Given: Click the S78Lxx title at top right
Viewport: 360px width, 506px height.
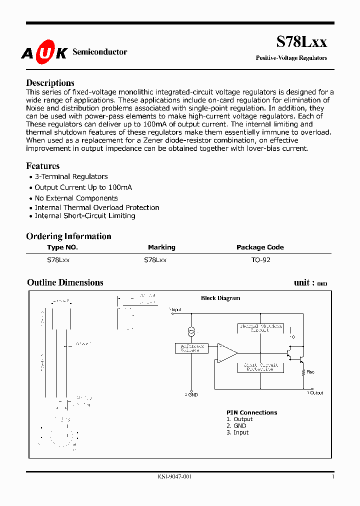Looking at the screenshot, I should pyautogui.click(x=301, y=42).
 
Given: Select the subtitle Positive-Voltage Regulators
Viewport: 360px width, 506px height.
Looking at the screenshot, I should pyautogui.click(x=291, y=58).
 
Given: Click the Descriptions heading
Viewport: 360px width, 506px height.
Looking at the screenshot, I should pyautogui.click(x=50, y=83).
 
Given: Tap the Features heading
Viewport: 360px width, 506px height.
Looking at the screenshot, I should pyautogui.click(x=42, y=166).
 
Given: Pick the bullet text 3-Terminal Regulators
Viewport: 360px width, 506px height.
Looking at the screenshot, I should pyautogui.click(x=71, y=176).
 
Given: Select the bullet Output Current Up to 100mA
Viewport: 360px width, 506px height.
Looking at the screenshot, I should pyautogui.click(x=83, y=187).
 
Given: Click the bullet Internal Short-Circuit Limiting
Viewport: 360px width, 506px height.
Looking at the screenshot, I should pyautogui.click(x=84, y=216).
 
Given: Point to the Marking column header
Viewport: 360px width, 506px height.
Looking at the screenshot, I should pyautogui.click(x=161, y=247).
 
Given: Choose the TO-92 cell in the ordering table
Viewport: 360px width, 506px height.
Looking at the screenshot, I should pyautogui.click(x=260, y=260).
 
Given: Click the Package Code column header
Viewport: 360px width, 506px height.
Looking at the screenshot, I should pyautogui.click(x=260, y=247).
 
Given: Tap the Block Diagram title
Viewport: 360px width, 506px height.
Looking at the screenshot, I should pyautogui.click(x=220, y=298).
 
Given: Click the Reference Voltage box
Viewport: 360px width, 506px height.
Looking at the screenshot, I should pyautogui.click(x=191, y=348).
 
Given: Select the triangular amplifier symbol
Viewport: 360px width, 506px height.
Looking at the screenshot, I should pyautogui.click(x=227, y=352).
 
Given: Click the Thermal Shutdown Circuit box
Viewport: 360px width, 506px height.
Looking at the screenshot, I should pyautogui.click(x=259, y=328).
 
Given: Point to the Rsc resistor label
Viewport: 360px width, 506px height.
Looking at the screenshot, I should pyautogui.click(x=310, y=372).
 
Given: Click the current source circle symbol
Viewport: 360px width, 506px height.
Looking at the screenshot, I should pyautogui.click(x=191, y=332).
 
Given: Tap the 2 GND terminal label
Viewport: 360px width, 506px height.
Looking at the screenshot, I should pyautogui.click(x=191, y=395).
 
